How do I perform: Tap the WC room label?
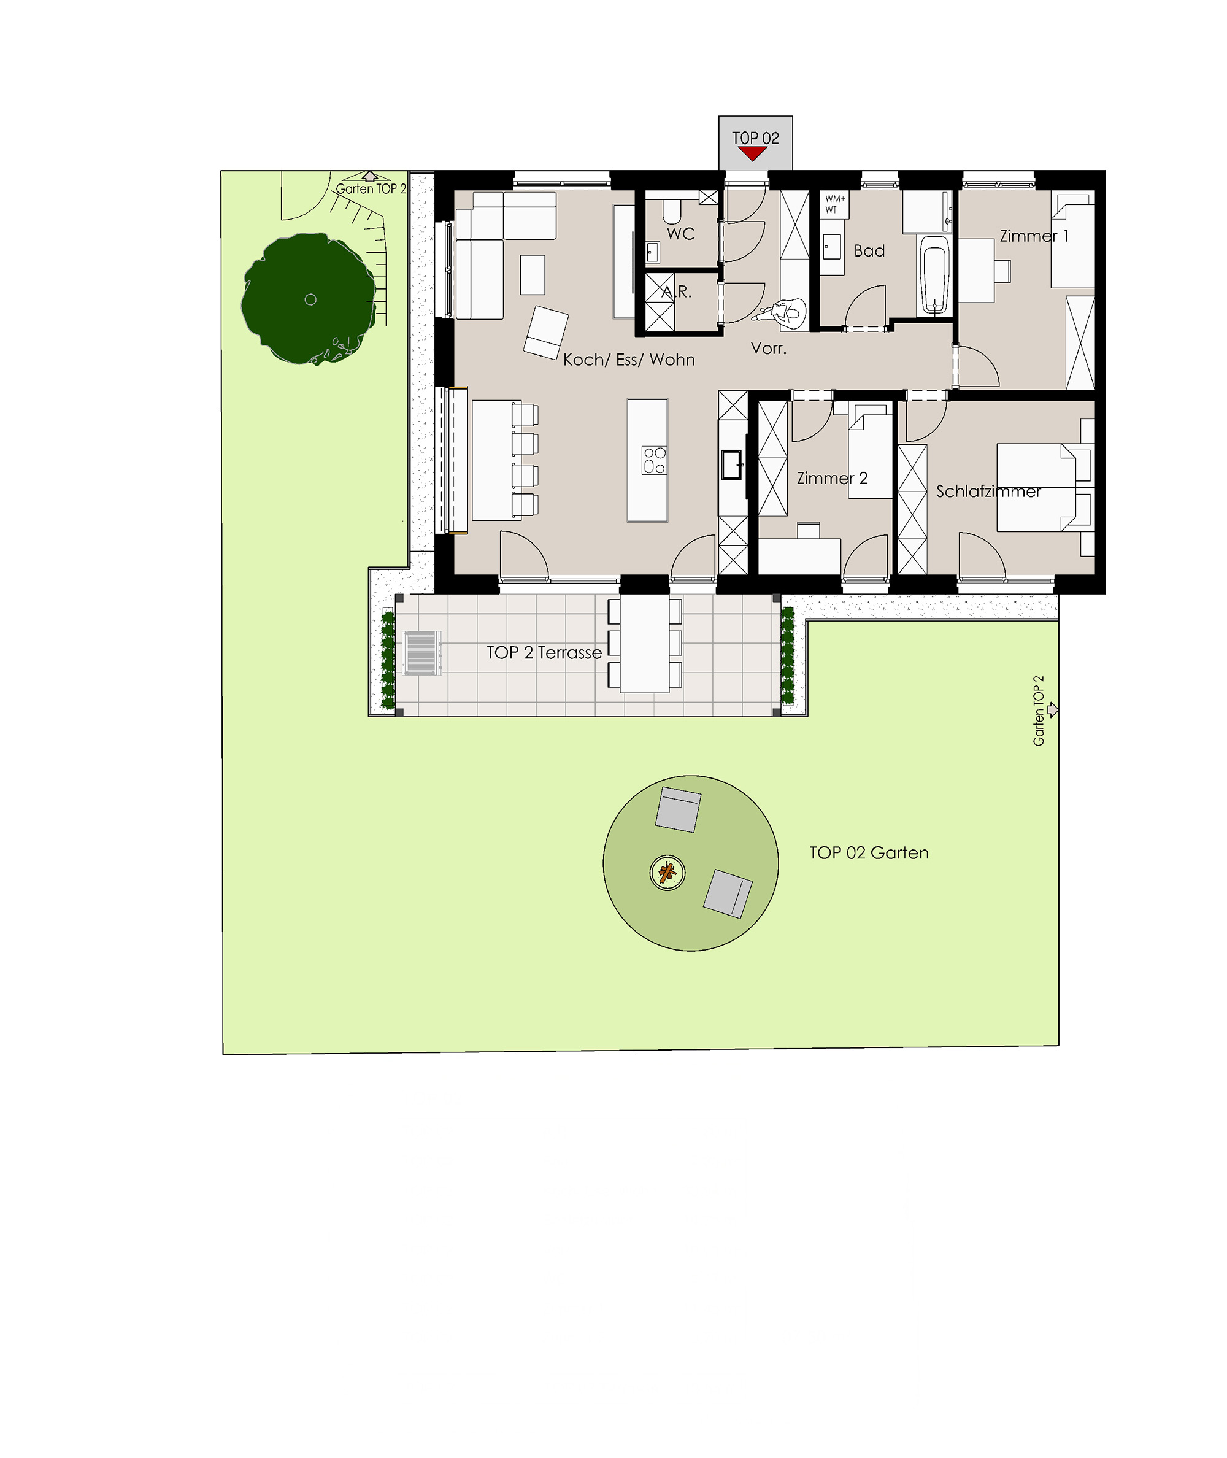[x=681, y=234]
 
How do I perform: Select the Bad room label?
[x=869, y=250]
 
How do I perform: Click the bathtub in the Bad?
[x=934, y=276]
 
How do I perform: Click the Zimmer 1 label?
[x=1034, y=236]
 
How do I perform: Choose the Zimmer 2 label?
[x=832, y=478]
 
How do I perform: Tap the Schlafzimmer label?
[x=988, y=491]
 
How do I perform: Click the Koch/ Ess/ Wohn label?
[x=629, y=360]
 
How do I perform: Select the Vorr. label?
[x=769, y=348]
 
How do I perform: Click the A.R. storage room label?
[x=677, y=291]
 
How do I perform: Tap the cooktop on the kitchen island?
[x=655, y=460]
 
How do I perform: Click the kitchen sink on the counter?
[x=732, y=465]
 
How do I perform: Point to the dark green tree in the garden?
[x=310, y=298]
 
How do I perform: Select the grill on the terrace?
[x=422, y=653]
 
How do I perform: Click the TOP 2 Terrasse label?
[x=544, y=652]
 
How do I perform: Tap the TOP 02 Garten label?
[x=869, y=853]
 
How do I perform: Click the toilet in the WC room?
[x=672, y=210]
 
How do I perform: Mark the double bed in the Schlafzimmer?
[x=1045, y=487]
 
